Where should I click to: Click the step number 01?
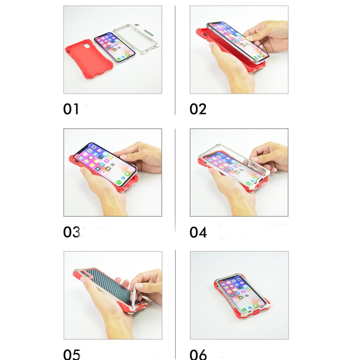point(71,109)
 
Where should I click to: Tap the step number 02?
point(198,109)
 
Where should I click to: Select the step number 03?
point(72,232)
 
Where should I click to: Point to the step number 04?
point(198,232)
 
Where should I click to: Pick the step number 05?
point(72,355)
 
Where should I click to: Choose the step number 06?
point(198,355)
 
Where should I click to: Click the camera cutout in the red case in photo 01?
point(87,46)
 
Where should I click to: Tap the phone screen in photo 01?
point(115,47)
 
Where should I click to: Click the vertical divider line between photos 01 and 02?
point(175,60)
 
